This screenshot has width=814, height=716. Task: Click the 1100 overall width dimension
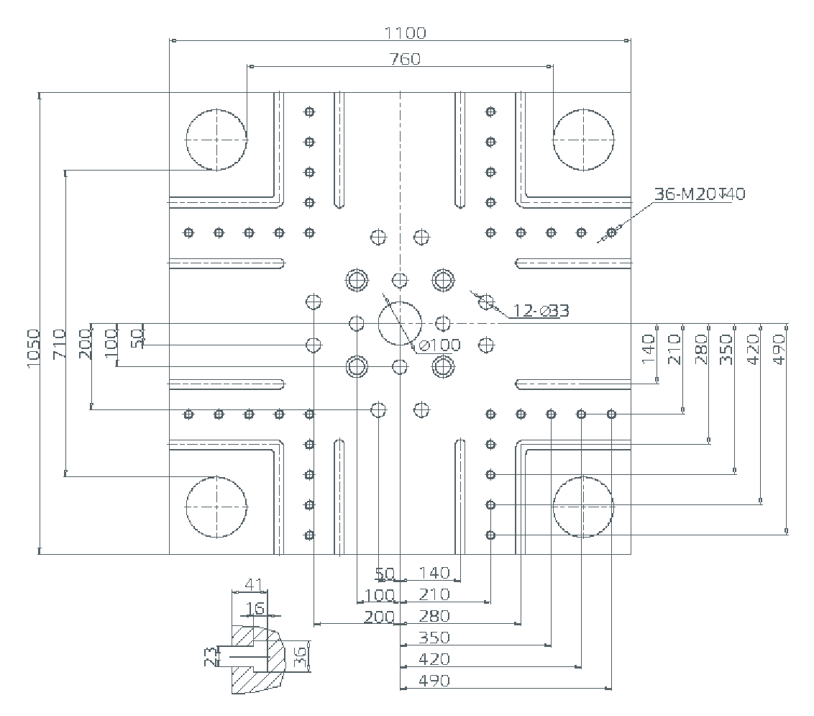pyautogui.click(x=405, y=32)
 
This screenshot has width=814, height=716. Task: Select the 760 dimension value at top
pyautogui.click(x=405, y=59)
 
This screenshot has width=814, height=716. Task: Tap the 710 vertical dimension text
pyautogui.click(x=59, y=344)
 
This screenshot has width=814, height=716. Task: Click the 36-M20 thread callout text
pyautogui.click(x=699, y=194)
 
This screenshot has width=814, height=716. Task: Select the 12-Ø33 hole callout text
pyautogui.click(x=541, y=311)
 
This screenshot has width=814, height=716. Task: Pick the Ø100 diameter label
pyautogui.click(x=439, y=345)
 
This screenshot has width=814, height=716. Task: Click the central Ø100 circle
pyautogui.click(x=400, y=324)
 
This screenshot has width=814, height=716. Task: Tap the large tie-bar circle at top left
pyautogui.click(x=216, y=140)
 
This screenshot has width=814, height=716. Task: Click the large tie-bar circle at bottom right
pyautogui.click(x=583, y=507)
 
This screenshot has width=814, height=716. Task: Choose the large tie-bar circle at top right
pyautogui.click(x=583, y=140)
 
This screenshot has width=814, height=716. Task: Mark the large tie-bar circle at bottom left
pyautogui.click(x=216, y=507)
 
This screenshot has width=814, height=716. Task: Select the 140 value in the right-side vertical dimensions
pyautogui.click(x=649, y=348)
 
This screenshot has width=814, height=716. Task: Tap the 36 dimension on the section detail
pyautogui.click(x=301, y=656)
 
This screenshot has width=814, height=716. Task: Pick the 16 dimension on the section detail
pyautogui.click(x=255, y=609)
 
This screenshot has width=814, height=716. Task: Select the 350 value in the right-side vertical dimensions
pyautogui.click(x=726, y=348)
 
